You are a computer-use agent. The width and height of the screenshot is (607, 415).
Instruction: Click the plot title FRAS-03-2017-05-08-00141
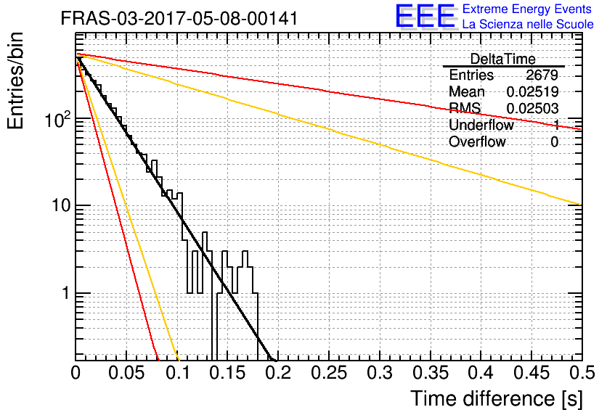pyautogui.click(x=179, y=18)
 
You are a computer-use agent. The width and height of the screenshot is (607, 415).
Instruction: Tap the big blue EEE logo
pyautogui.click(x=425, y=16)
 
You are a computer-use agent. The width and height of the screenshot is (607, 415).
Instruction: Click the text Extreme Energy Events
pyautogui.click(x=527, y=9)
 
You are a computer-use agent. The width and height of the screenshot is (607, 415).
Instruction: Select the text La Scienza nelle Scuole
pyautogui.click(x=528, y=24)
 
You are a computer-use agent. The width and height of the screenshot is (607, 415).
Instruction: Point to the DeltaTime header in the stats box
pyautogui.click(x=502, y=59)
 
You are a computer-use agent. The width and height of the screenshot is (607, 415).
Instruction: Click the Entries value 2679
pyautogui.click(x=542, y=75)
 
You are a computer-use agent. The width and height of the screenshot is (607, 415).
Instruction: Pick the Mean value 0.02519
pyautogui.click(x=532, y=91)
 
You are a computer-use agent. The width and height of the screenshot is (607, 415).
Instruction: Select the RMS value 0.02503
pyautogui.click(x=532, y=108)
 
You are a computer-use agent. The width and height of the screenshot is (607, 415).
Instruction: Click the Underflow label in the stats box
pyautogui.click(x=481, y=125)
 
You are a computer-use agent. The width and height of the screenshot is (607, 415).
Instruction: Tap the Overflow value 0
pyautogui.click(x=554, y=142)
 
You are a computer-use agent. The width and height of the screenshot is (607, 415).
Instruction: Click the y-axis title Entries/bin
pyautogui.click(x=16, y=81)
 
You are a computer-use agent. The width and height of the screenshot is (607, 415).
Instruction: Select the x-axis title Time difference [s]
pyautogui.click(x=497, y=398)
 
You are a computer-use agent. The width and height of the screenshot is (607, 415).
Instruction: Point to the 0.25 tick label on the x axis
pyautogui.click(x=329, y=373)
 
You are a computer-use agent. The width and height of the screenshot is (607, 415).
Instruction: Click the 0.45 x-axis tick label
pyautogui.click(x=531, y=373)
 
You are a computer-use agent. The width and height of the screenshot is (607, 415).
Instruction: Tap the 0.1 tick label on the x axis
pyautogui.click(x=178, y=373)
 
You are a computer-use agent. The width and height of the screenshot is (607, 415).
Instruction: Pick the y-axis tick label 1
pyautogui.click(x=66, y=293)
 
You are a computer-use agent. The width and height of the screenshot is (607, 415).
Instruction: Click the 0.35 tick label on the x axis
pyautogui.click(x=431, y=373)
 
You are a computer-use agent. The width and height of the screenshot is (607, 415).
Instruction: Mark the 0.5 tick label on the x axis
pyautogui.click(x=582, y=373)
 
